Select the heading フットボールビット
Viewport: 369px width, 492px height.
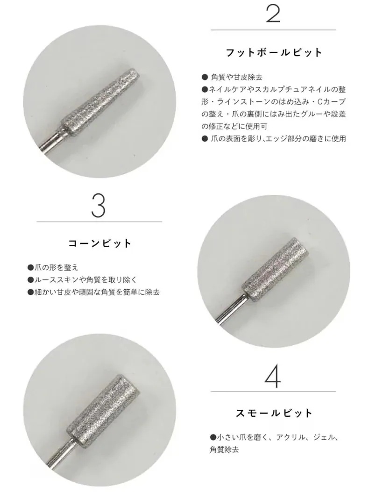274,52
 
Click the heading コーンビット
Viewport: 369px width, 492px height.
100,243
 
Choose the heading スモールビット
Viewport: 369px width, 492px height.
274,414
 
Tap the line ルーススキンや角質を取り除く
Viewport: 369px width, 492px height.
82,280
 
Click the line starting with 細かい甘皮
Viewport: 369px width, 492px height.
93,292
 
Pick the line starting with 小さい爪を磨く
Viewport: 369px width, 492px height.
273,438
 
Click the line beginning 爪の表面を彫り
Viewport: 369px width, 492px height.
274,138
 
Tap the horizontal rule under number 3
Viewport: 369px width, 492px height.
99,221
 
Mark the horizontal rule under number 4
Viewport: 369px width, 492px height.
273,392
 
